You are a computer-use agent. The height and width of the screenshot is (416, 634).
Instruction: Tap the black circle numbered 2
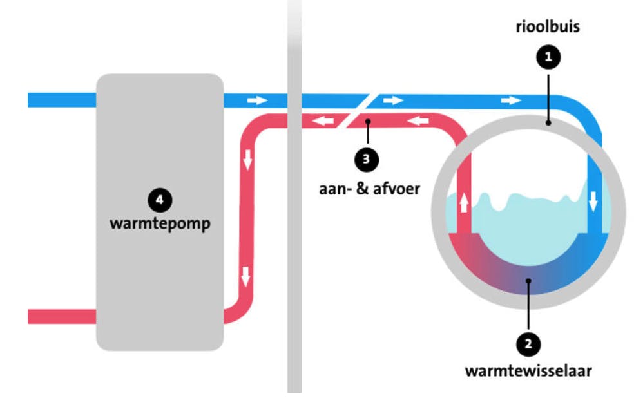pyautogui.click(x=528, y=344)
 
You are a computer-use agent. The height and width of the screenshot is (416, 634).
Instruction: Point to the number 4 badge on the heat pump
pyautogui.click(x=159, y=200)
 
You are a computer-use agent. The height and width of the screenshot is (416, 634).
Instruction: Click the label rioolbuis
pyautogui.click(x=548, y=28)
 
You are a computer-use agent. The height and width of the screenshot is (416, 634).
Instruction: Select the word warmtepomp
pyautogui.click(x=160, y=225)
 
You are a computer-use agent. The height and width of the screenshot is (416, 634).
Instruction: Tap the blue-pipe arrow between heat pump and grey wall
pyautogui.click(x=257, y=100)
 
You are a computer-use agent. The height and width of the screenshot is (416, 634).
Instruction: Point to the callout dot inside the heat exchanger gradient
pyautogui.click(x=528, y=281)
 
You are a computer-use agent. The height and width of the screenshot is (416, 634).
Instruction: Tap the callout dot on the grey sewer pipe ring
pyautogui.click(x=548, y=122)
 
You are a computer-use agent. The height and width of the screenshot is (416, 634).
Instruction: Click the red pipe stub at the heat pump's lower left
pyautogui.click(x=62, y=317)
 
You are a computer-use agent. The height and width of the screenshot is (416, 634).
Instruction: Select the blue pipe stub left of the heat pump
pyautogui.click(x=62, y=100)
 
